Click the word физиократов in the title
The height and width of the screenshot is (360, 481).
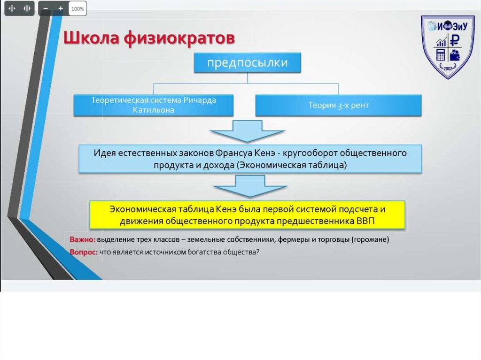tap(178, 39)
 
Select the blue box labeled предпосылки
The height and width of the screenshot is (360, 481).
tap(247, 62)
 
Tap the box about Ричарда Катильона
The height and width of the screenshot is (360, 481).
tap(153, 105)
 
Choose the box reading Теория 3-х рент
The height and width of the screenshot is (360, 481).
tap(338, 105)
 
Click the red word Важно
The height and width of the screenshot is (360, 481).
tap(82, 239)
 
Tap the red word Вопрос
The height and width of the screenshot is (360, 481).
tap(84, 252)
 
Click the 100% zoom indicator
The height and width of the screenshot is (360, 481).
tap(78, 8)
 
